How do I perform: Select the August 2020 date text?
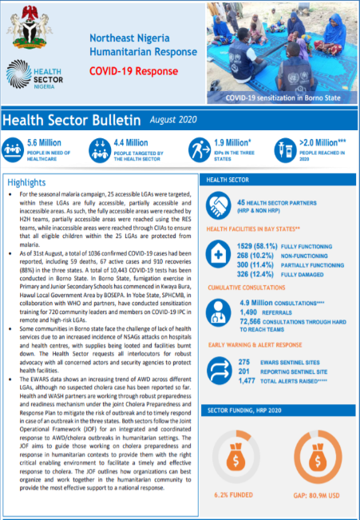[176, 120]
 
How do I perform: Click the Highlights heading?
[26, 183]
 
